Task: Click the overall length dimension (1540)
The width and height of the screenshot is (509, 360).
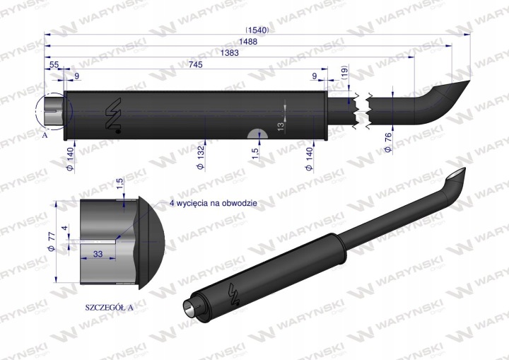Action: (x=257, y=30)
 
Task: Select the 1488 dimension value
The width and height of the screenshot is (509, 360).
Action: (x=248, y=42)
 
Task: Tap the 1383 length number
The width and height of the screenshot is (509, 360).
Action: (x=230, y=52)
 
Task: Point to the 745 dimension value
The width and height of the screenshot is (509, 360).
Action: (x=195, y=64)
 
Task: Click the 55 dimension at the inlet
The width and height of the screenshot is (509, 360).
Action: (x=54, y=64)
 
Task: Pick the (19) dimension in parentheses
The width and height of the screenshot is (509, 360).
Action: (x=344, y=73)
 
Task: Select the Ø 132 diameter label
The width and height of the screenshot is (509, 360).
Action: (x=201, y=158)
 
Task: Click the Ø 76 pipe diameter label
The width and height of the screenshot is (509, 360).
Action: (x=387, y=142)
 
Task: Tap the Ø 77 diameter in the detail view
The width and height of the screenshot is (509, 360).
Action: (x=52, y=242)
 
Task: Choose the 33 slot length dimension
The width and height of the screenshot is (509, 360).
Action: (x=98, y=254)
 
